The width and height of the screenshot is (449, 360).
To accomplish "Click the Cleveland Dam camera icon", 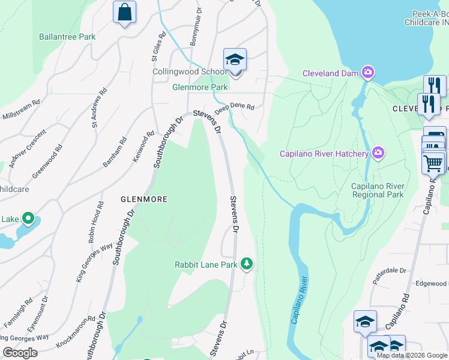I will point(368,73).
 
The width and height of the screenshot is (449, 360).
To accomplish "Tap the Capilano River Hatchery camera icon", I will point(378,154).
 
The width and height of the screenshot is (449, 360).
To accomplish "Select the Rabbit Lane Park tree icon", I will point(246,264).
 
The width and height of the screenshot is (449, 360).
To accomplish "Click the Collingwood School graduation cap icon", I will point(235,60).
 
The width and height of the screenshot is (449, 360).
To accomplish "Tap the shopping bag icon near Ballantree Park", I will point(124,12).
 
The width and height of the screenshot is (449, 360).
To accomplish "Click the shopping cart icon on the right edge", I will point(433,163).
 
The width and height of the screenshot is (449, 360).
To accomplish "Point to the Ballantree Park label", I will point(67,37).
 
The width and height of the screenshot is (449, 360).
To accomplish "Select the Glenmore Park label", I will point(200,87).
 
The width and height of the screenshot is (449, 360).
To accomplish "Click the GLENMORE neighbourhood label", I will point(143,199).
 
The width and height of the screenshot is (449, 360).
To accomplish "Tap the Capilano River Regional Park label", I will point(378,190).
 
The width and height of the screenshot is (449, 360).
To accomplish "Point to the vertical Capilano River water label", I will point(299,300).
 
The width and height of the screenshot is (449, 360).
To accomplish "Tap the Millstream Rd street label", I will point(21,109).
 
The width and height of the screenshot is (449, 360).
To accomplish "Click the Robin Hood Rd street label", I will point(93,226).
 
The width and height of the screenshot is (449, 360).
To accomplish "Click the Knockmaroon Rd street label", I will point(76,333).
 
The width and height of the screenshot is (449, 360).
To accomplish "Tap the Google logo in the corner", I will point(20,353).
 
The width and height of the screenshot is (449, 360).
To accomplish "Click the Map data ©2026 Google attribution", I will point(412,355).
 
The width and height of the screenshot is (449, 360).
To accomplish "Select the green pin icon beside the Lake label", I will point(28,219).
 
